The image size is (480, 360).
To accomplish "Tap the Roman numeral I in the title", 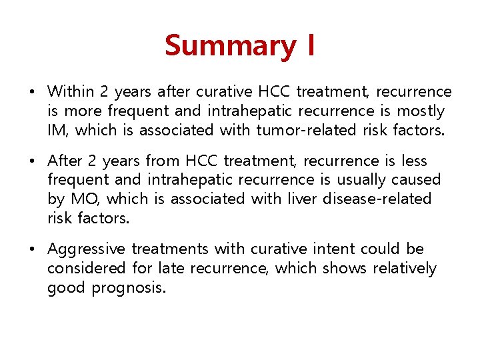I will coord(311,46).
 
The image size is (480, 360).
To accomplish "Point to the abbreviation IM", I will coord(57,130).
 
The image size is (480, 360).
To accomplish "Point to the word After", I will coord(65,161).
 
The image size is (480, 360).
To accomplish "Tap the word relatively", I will coord(405,269).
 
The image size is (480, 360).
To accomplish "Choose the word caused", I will coord(417,179).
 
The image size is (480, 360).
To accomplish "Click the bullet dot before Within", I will coord(35,92).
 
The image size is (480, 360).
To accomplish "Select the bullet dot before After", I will coord(35,161).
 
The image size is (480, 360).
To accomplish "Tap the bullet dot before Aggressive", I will coord(35,250).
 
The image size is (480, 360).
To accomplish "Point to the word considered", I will coord(86,269).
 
